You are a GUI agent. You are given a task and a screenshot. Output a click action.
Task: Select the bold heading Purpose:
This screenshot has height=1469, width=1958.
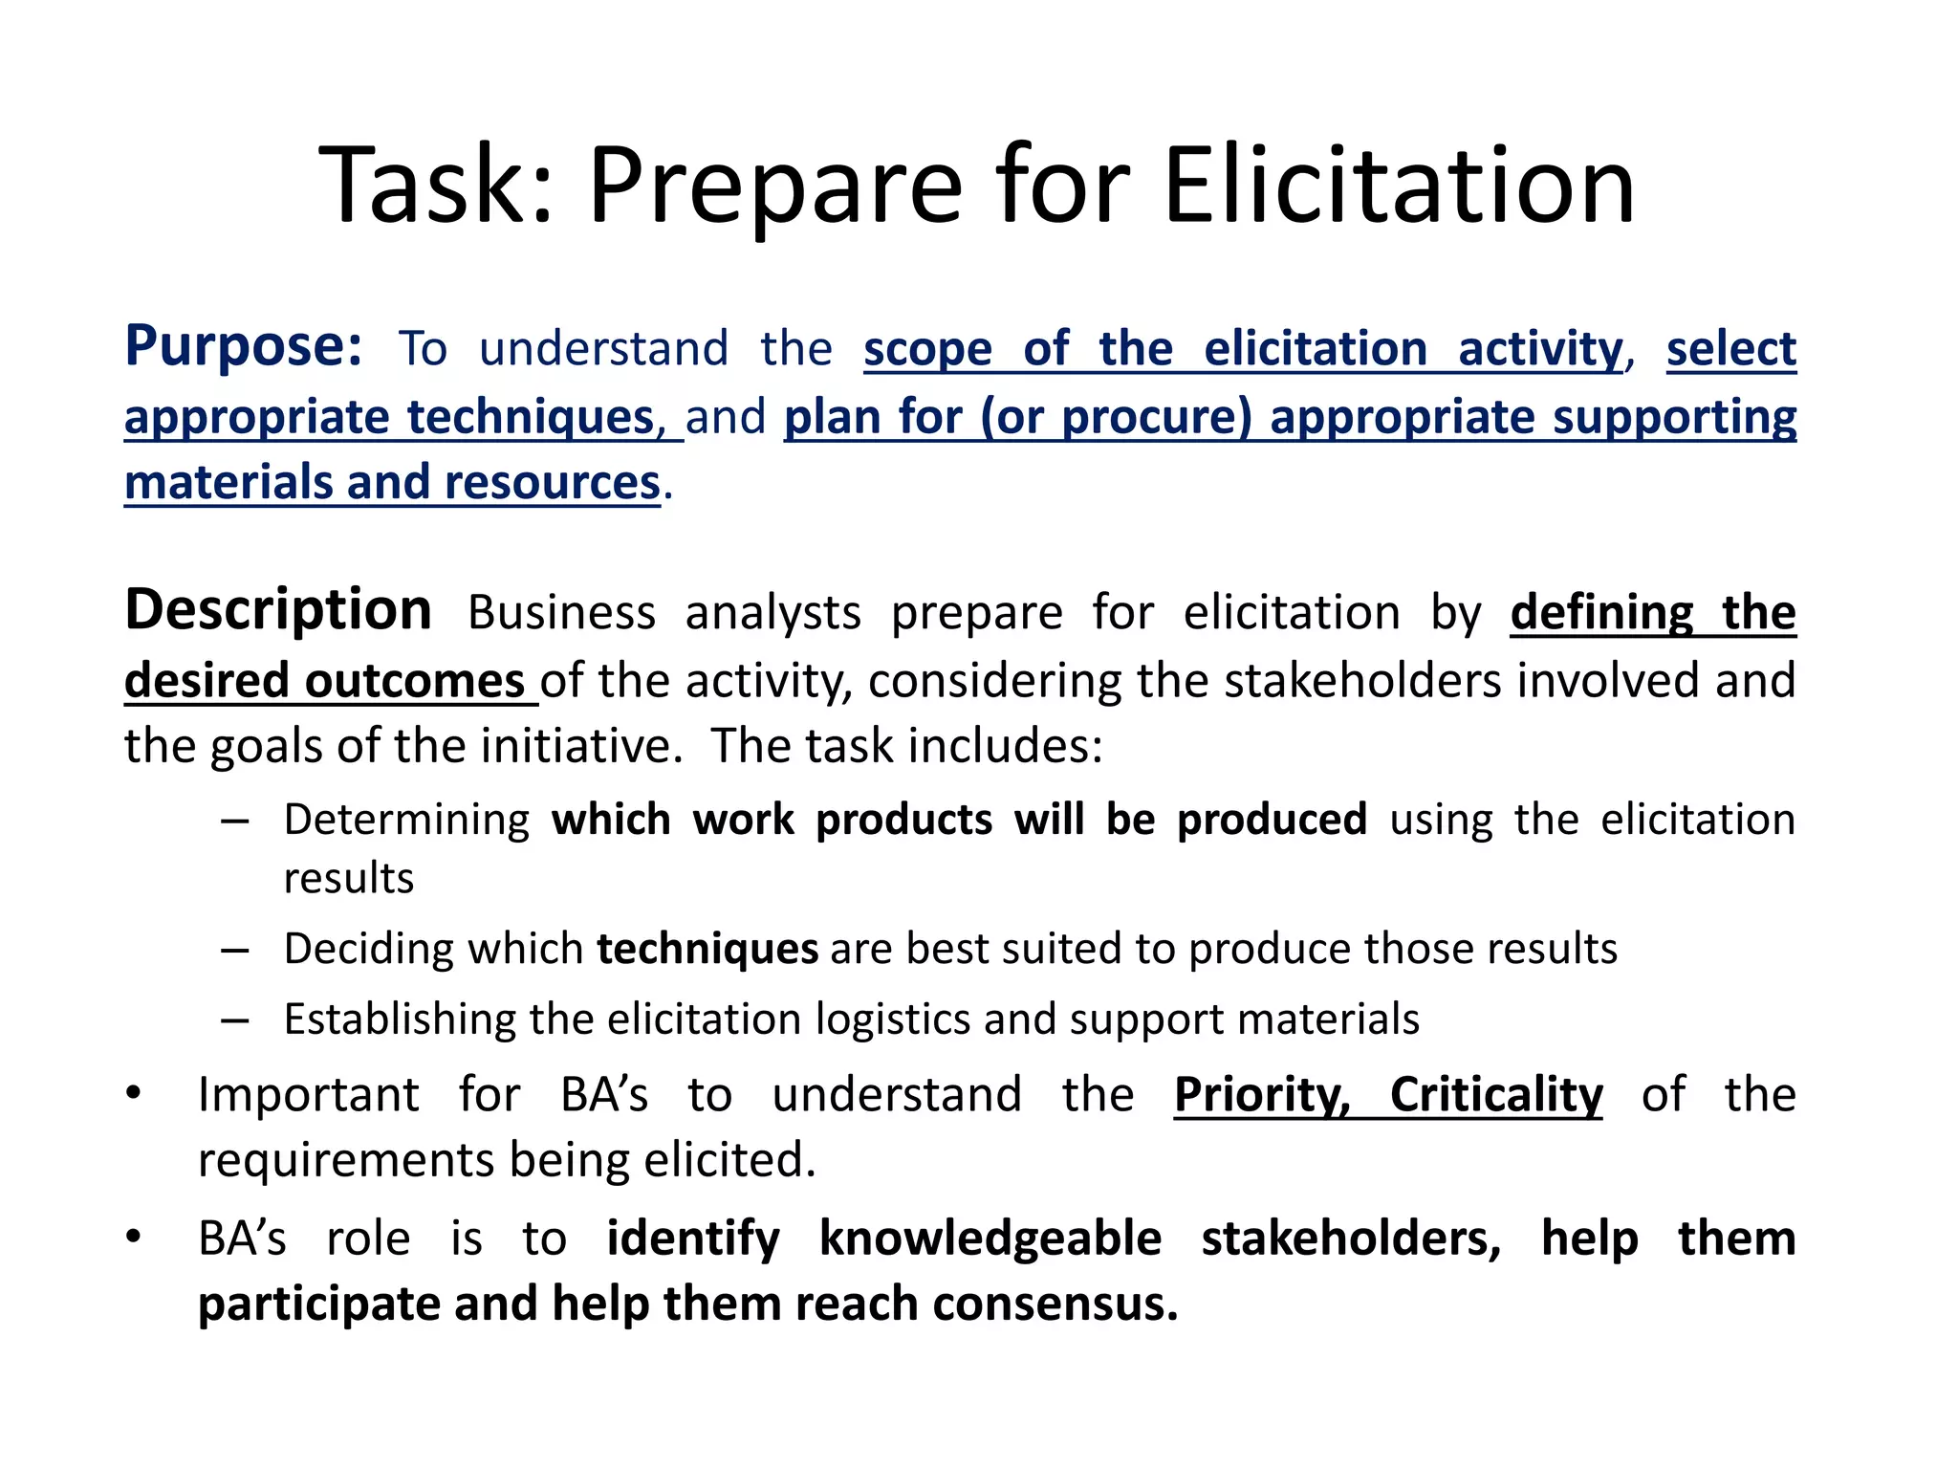tap(244, 346)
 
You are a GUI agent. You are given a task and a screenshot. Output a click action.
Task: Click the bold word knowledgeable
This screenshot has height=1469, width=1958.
tap(990, 1239)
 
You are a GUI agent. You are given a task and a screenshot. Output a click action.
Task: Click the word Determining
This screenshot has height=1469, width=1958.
tap(406, 820)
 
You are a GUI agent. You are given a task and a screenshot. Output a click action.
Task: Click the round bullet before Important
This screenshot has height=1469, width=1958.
tap(134, 1093)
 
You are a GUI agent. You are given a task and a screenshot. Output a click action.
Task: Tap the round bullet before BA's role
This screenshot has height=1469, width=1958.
tap(134, 1238)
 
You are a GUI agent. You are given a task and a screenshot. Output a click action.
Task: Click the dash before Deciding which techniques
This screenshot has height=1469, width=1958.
tap(235, 950)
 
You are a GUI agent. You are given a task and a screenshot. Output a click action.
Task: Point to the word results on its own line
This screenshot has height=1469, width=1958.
tap(349, 878)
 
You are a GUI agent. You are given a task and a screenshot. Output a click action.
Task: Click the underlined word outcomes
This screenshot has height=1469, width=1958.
tap(414, 681)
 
